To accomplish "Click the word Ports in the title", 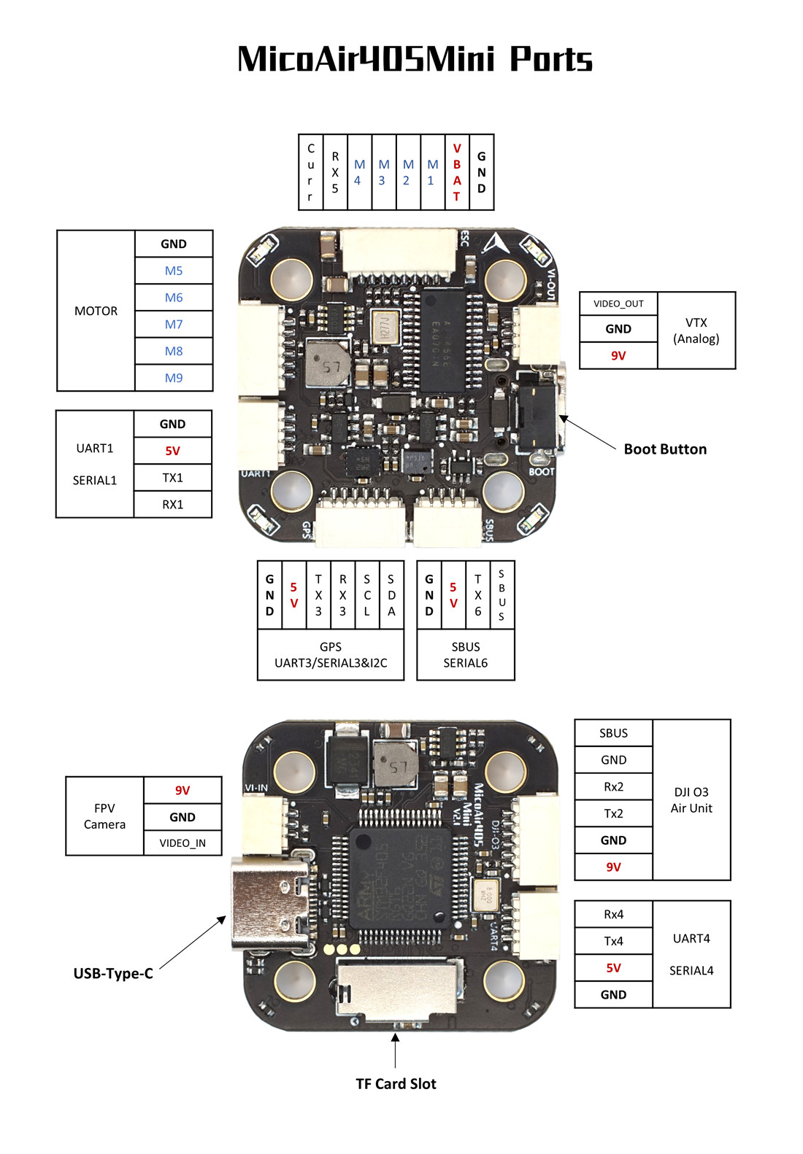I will [x=550, y=59].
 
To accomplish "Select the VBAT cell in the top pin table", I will [x=457, y=172].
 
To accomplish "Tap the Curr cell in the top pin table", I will [x=311, y=172].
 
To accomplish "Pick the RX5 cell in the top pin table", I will [x=335, y=172].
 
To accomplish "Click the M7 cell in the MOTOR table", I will [x=174, y=325].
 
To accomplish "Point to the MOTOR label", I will [x=96, y=311].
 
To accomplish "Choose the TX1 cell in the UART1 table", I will [x=173, y=478].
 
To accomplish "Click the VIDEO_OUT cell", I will [x=618, y=303].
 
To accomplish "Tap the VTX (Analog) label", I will [x=696, y=330].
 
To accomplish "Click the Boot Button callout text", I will [x=665, y=449].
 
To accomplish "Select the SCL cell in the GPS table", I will [x=367, y=595].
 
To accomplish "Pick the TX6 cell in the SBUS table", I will [x=478, y=595].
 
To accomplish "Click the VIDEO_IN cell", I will [x=182, y=843].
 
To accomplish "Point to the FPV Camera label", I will [x=104, y=816].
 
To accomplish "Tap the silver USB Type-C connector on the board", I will [x=272, y=905].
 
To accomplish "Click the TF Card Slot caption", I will [x=396, y=1084].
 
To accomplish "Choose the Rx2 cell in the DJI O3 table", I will [x=614, y=787].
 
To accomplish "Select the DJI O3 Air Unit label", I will [x=691, y=800].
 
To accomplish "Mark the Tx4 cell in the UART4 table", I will [x=614, y=941].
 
